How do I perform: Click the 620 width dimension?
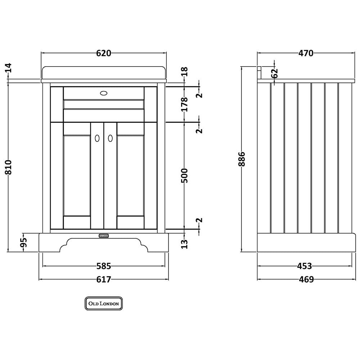(104, 53)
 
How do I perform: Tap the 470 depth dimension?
(306, 53)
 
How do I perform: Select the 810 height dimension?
(9, 167)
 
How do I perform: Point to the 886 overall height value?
(242, 159)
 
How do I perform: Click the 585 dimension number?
(104, 266)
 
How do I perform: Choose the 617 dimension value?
(104, 279)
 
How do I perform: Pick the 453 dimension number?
(305, 266)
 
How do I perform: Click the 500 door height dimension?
(184, 176)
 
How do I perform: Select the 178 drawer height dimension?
(184, 104)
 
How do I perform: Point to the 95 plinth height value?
(24, 242)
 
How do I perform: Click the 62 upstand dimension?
(275, 73)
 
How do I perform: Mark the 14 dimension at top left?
(9, 68)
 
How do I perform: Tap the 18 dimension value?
(184, 72)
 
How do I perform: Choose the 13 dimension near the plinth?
(184, 244)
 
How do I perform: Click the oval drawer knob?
(104, 93)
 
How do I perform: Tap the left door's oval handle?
(97, 138)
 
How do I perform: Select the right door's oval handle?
(111, 138)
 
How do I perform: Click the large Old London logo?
(104, 303)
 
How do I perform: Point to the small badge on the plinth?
(104, 235)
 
